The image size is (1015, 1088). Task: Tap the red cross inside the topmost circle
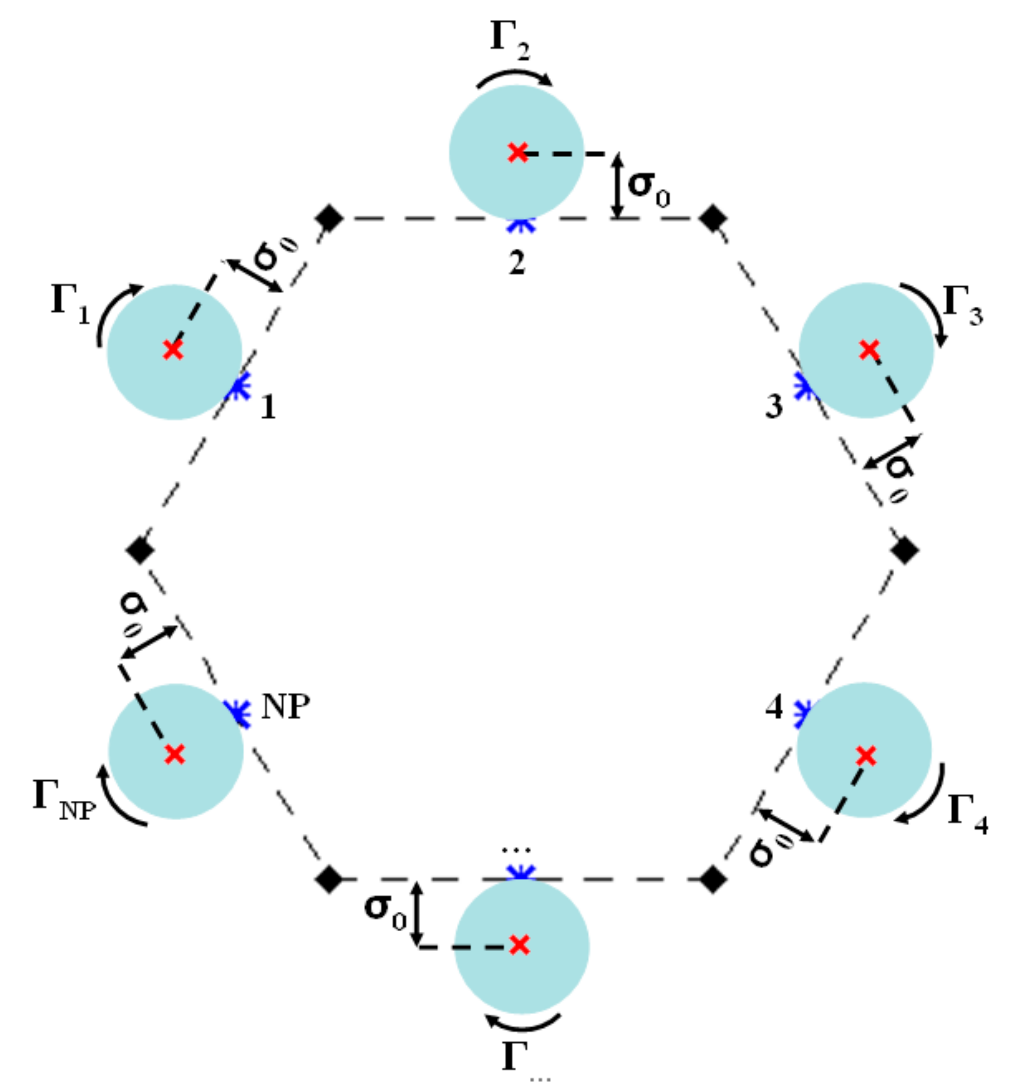tap(517, 152)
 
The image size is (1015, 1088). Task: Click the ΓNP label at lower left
tap(64, 799)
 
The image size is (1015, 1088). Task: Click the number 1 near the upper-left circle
tap(267, 407)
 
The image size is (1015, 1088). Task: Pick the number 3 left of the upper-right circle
tap(774, 407)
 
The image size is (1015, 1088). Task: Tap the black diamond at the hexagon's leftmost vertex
tap(140, 550)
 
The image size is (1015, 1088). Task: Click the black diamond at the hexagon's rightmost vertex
tap(905, 550)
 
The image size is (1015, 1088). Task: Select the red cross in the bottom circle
tap(519, 945)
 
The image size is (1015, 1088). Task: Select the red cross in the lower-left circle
tap(175, 755)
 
